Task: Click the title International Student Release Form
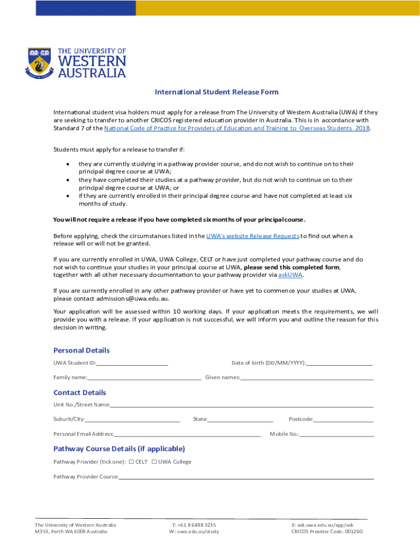pos(217,92)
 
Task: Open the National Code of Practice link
pos(237,128)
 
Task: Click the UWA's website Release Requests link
pos(253,236)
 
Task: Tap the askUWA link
pos(290,275)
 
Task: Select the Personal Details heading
pos(81,350)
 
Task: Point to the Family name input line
pos(144,378)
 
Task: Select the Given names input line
pos(307,378)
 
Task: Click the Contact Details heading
pos(80,392)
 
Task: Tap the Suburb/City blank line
pos(133,420)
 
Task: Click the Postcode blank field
pos(344,420)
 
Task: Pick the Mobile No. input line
pos(337,434)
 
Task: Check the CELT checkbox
pos(131,462)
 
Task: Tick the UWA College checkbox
pos(154,462)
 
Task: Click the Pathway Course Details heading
pos(119,449)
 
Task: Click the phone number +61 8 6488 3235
pos(194,525)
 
